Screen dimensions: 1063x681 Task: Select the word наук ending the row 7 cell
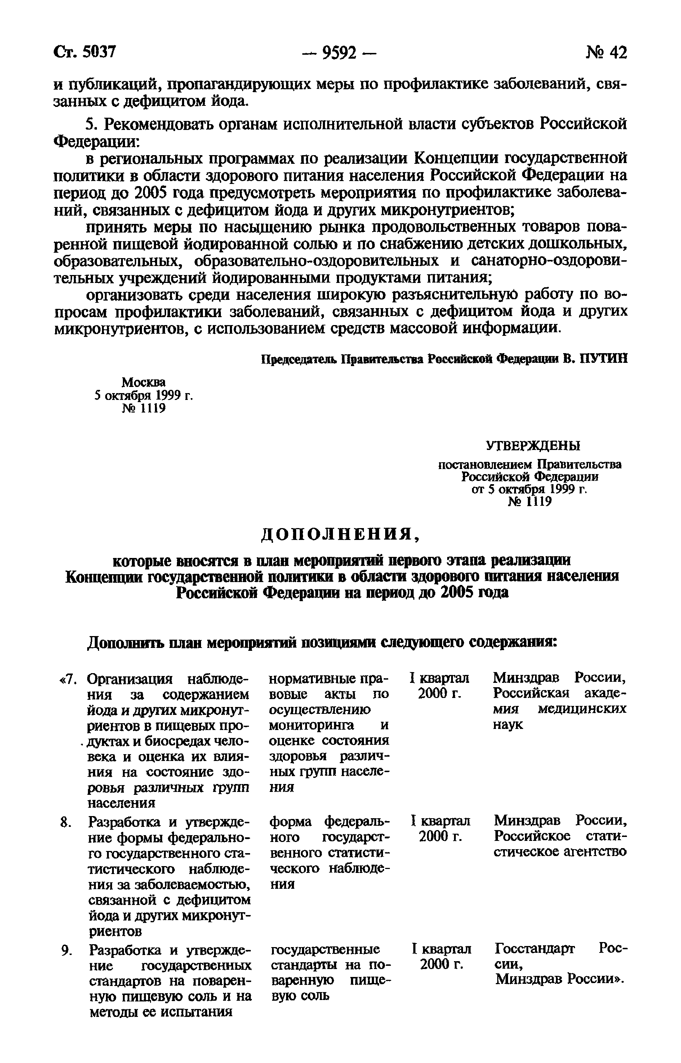[x=507, y=725]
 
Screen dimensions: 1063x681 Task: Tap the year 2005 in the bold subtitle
[x=458, y=593]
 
